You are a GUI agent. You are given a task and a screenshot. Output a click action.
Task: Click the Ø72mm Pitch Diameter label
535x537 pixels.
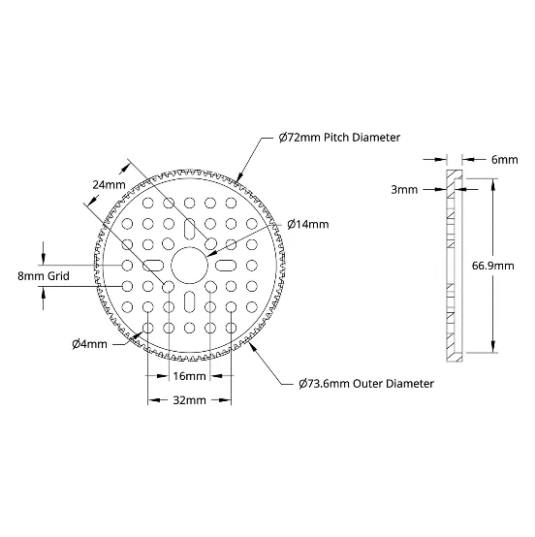click(339, 138)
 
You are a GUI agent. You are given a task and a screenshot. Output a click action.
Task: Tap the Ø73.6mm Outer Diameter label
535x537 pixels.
click(366, 384)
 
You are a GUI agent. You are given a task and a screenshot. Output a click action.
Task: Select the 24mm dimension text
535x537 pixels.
click(109, 185)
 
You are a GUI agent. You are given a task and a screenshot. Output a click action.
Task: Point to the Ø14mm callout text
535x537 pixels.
click(308, 225)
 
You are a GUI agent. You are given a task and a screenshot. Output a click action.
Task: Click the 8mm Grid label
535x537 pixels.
click(44, 276)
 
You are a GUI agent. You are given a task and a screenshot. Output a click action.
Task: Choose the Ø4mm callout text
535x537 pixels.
click(90, 344)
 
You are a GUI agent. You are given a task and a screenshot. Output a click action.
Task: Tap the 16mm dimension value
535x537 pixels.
click(189, 376)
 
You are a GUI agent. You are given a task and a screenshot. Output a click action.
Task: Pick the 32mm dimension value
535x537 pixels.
click(189, 400)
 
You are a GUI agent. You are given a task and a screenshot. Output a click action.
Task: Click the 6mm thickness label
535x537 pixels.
click(505, 160)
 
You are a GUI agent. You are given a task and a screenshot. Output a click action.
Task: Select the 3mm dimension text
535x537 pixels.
click(404, 190)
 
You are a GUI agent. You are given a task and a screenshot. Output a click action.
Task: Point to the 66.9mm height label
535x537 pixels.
click(493, 266)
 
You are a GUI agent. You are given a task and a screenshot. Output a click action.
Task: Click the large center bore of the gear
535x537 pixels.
click(189, 266)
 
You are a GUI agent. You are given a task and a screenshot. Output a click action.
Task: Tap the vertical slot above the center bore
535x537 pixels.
click(189, 230)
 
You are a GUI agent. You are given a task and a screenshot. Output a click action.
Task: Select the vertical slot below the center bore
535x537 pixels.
click(189, 301)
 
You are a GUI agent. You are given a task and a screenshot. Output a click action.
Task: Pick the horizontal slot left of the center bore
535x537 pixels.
click(153, 266)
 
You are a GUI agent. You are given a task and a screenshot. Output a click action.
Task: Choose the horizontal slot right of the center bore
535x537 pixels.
click(226, 266)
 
